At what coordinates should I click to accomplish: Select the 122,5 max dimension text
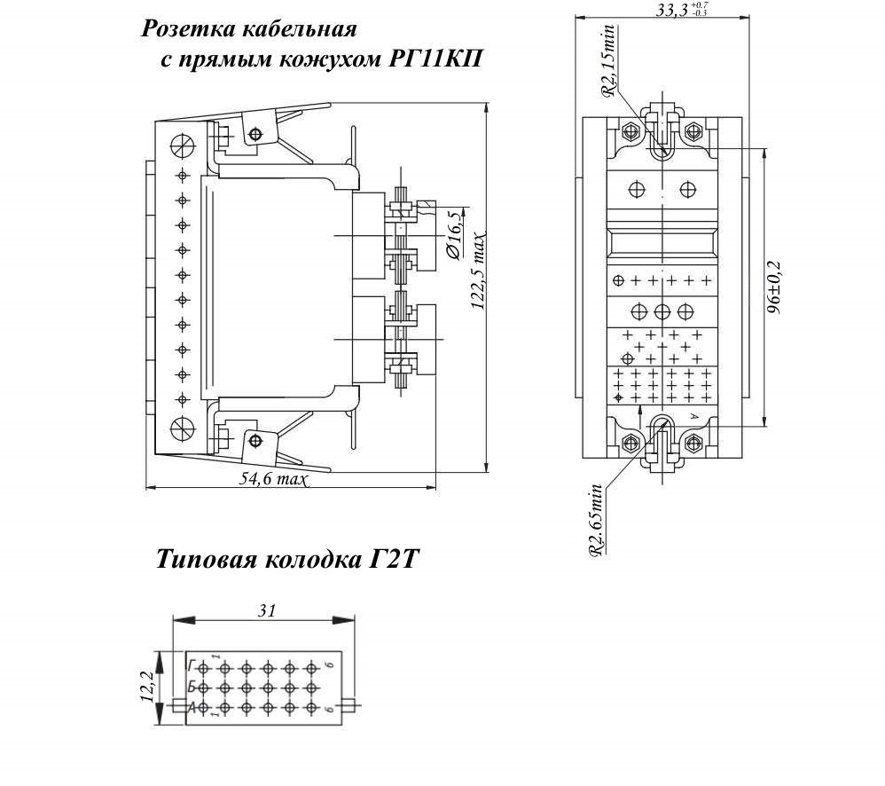tap(480, 270)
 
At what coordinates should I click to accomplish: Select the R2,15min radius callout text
tap(608, 60)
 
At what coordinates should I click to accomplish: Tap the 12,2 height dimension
tap(147, 685)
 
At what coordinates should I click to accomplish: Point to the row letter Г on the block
tap(191, 664)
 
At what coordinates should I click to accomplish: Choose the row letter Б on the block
tap(191, 686)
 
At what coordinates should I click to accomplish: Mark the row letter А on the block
tap(192, 707)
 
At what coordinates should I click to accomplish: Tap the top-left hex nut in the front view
tap(631, 131)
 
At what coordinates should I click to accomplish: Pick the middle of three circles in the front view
tap(662, 311)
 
